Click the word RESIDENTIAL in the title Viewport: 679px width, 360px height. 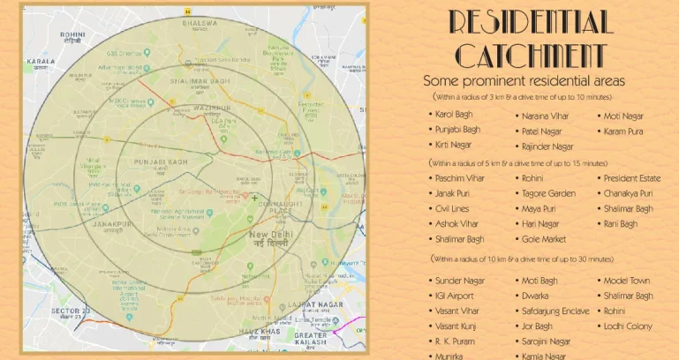pyautogui.click(x=530, y=22)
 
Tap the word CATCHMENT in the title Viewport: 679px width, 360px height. pyautogui.click(x=530, y=55)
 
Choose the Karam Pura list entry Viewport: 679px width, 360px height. pyautogui.click(x=623, y=131)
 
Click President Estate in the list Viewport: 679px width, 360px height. pyautogui.click(x=631, y=178)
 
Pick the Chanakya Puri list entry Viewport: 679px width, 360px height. pyautogui.click(x=629, y=193)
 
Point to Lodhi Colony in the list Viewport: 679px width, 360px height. pyautogui.click(x=627, y=326)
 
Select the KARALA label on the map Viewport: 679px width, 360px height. pyautogui.click(x=40, y=62)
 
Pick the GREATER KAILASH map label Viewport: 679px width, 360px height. pyautogui.click(x=311, y=341)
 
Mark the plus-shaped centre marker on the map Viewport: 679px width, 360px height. pyautogui.click(x=254, y=199)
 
